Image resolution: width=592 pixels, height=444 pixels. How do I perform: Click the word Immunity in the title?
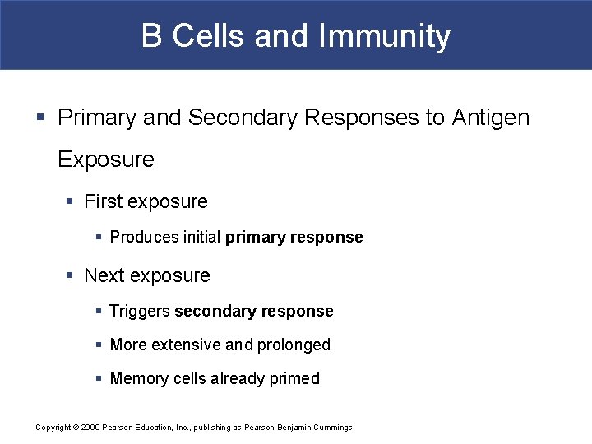[x=384, y=36]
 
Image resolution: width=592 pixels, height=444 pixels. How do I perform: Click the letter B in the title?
[x=151, y=36]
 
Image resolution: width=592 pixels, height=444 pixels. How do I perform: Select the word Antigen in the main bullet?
[x=491, y=118]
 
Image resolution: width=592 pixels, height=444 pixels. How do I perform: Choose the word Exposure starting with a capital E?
[x=106, y=160]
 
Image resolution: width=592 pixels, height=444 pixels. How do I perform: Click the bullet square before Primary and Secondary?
[x=41, y=118]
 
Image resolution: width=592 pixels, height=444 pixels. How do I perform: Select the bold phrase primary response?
[x=294, y=238]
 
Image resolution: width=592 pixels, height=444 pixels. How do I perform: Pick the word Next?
[x=103, y=275]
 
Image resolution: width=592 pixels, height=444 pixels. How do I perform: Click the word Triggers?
[x=140, y=312]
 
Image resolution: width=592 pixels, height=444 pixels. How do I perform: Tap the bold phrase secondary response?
[x=254, y=312]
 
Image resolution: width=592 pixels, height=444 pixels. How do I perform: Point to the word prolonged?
[x=294, y=345]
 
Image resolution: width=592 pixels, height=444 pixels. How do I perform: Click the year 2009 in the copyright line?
[x=90, y=428]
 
